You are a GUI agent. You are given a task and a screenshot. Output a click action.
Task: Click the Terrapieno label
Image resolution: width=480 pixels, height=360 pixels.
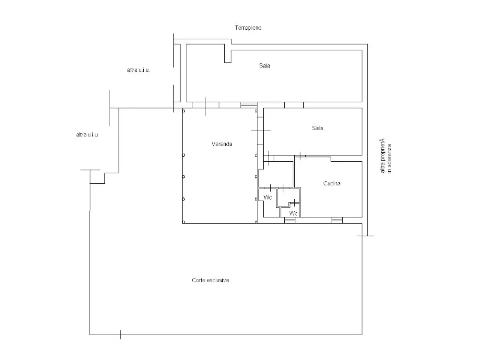[248, 28]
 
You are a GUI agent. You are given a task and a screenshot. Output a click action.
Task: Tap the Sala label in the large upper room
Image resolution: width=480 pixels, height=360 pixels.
[264, 66]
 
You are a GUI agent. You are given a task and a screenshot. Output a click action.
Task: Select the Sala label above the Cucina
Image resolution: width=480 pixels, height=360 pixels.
[318, 128]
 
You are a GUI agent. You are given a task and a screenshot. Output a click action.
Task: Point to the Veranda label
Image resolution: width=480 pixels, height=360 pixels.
[222, 144]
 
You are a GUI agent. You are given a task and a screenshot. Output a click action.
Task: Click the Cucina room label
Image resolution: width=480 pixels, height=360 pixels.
[332, 183]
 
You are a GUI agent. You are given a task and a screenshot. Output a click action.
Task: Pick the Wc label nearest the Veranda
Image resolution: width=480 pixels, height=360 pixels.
[268, 197]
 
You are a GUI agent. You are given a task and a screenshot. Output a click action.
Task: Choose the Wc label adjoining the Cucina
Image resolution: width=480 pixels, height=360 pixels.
[293, 213]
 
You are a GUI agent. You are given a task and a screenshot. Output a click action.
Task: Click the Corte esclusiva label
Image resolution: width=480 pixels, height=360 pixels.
[210, 280]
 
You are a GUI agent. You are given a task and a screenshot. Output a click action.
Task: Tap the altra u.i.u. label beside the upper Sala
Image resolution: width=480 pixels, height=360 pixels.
[138, 70]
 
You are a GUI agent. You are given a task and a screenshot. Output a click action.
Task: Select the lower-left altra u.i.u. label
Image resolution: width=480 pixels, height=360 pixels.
[87, 135]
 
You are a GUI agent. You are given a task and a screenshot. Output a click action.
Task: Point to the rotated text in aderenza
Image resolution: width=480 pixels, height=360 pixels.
[389, 159]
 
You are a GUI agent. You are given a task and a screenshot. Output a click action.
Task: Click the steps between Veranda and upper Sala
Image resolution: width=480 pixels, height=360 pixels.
[249, 105]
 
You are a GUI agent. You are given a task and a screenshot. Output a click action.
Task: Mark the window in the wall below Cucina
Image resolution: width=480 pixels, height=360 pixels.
[337, 220]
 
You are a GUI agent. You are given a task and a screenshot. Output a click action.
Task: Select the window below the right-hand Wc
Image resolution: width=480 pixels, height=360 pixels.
[290, 220]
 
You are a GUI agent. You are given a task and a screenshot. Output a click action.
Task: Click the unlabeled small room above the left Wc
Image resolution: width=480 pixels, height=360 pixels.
[276, 174]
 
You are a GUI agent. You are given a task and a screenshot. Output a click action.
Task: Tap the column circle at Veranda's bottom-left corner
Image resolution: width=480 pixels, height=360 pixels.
[184, 222]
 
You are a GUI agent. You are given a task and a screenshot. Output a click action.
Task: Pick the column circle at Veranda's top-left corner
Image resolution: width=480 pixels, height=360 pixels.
[184, 111]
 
